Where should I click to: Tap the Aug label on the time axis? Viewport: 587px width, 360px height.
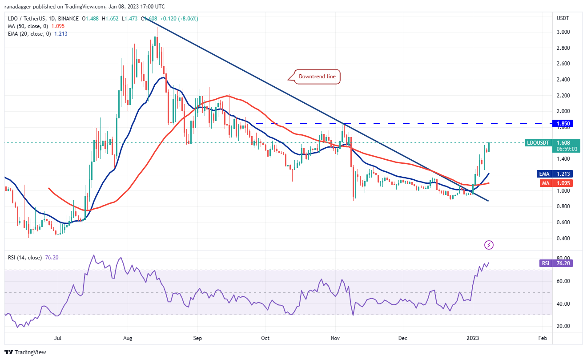tap(127, 338)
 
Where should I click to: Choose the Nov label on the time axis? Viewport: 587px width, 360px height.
tap(336, 338)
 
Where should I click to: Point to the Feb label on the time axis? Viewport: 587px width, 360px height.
tap(542, 338)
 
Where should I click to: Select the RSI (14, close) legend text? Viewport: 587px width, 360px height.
tap(25, 258)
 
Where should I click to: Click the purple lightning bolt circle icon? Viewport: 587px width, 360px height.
tap(489, 245)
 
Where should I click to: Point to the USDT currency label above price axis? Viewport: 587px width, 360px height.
tap(563, 18)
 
